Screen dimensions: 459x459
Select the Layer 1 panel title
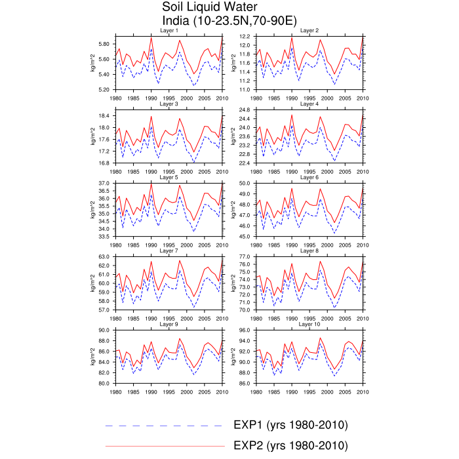coord(169,31)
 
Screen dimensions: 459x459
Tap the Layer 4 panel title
coord(309,104)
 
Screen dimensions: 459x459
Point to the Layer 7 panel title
coord(169,250)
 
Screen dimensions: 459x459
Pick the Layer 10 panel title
coord(309,324)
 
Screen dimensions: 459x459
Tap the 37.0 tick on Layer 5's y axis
coord(106,183)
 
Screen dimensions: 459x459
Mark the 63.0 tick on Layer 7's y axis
coord(106,256)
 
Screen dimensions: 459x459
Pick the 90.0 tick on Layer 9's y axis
coord(106,330)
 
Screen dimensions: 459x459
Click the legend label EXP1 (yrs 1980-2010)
coord(290,425)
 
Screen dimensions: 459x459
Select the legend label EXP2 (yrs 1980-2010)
coord(290,446)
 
